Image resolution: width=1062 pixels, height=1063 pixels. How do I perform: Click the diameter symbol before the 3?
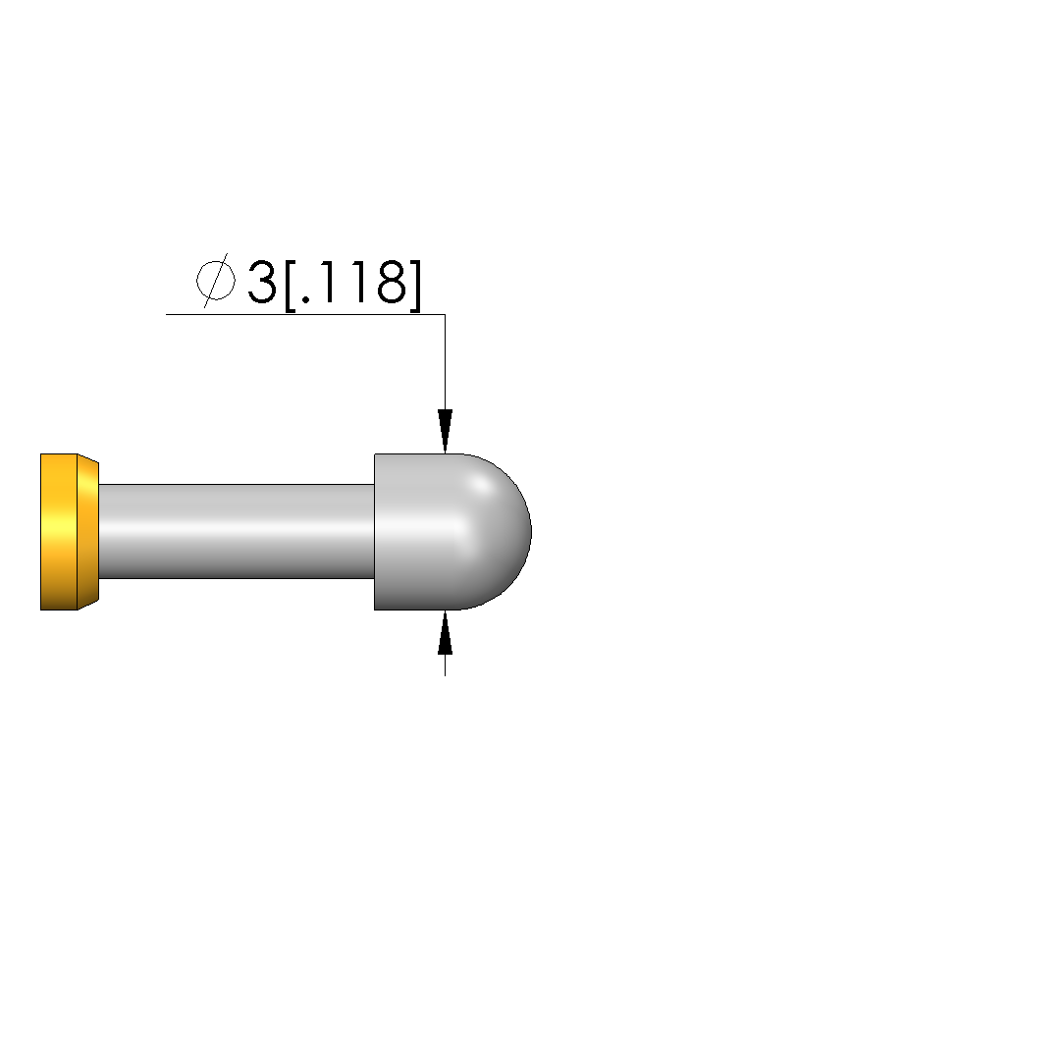pos(216,280)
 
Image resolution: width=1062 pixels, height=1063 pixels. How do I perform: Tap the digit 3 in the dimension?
pos(262,282)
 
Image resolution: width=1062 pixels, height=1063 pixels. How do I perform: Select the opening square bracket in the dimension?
pos(291,285)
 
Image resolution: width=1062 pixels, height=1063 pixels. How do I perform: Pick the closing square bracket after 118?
pos(415,285)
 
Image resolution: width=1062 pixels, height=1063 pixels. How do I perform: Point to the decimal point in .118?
pos(305,299)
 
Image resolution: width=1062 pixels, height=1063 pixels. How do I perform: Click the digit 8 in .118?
pos(391,282)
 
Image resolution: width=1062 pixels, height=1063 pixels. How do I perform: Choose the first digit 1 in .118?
pos(327,282)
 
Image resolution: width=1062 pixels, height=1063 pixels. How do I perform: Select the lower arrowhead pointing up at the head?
pos(445,633)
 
